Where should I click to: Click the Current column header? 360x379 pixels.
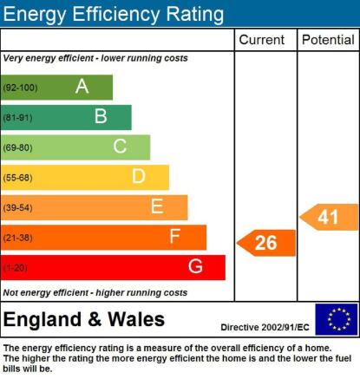[x=262, y=40]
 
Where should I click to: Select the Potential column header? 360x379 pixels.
[x=328, y=40]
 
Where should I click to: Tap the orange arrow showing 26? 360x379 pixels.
[x=266, y=243]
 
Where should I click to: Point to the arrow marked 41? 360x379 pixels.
[x=329, y=217]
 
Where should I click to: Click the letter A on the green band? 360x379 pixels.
[x=82, y=86]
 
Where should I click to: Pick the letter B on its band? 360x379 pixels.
[x=101, y=116]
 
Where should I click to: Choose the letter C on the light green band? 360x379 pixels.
[x=120, y=146]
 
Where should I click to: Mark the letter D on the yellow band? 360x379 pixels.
[x=139, y=176]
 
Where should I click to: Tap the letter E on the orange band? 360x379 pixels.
[x=157, y=206]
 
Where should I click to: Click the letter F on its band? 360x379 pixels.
[x=175, y=236]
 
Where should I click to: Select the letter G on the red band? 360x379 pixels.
[x=195, y=266]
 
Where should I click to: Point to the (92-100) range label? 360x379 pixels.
[x=20, y=88]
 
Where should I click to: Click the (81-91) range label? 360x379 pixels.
[x=17, y=118]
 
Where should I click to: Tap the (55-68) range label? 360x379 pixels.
[x=17, y=178]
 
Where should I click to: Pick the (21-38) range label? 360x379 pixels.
[x=17, y=238]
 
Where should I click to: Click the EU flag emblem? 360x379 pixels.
[x=337, y=319]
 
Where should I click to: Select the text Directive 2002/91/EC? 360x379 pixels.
[x=265, y=327]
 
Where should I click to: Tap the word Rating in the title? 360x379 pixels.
[x=195, y=14]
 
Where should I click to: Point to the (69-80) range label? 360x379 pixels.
[x=17, y=147]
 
